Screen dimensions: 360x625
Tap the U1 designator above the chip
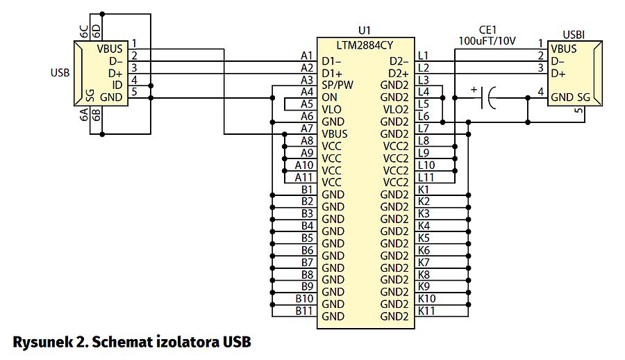coord(365,31)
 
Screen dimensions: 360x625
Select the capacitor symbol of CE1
coord(489,97)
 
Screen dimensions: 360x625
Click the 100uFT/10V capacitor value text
coord(487,40)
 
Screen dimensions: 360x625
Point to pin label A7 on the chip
coord(307,129)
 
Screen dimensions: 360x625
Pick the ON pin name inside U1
coord(329,97)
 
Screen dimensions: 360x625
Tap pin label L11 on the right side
coord(427,177)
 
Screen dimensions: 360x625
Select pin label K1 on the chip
coord(424,189)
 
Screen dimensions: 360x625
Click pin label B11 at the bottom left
coord(304,311)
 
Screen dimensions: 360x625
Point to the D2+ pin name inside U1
coord(399,72)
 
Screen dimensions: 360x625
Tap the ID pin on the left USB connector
coord(117,85)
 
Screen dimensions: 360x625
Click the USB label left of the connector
coord(60,72)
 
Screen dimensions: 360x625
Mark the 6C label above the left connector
coord(84,31)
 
